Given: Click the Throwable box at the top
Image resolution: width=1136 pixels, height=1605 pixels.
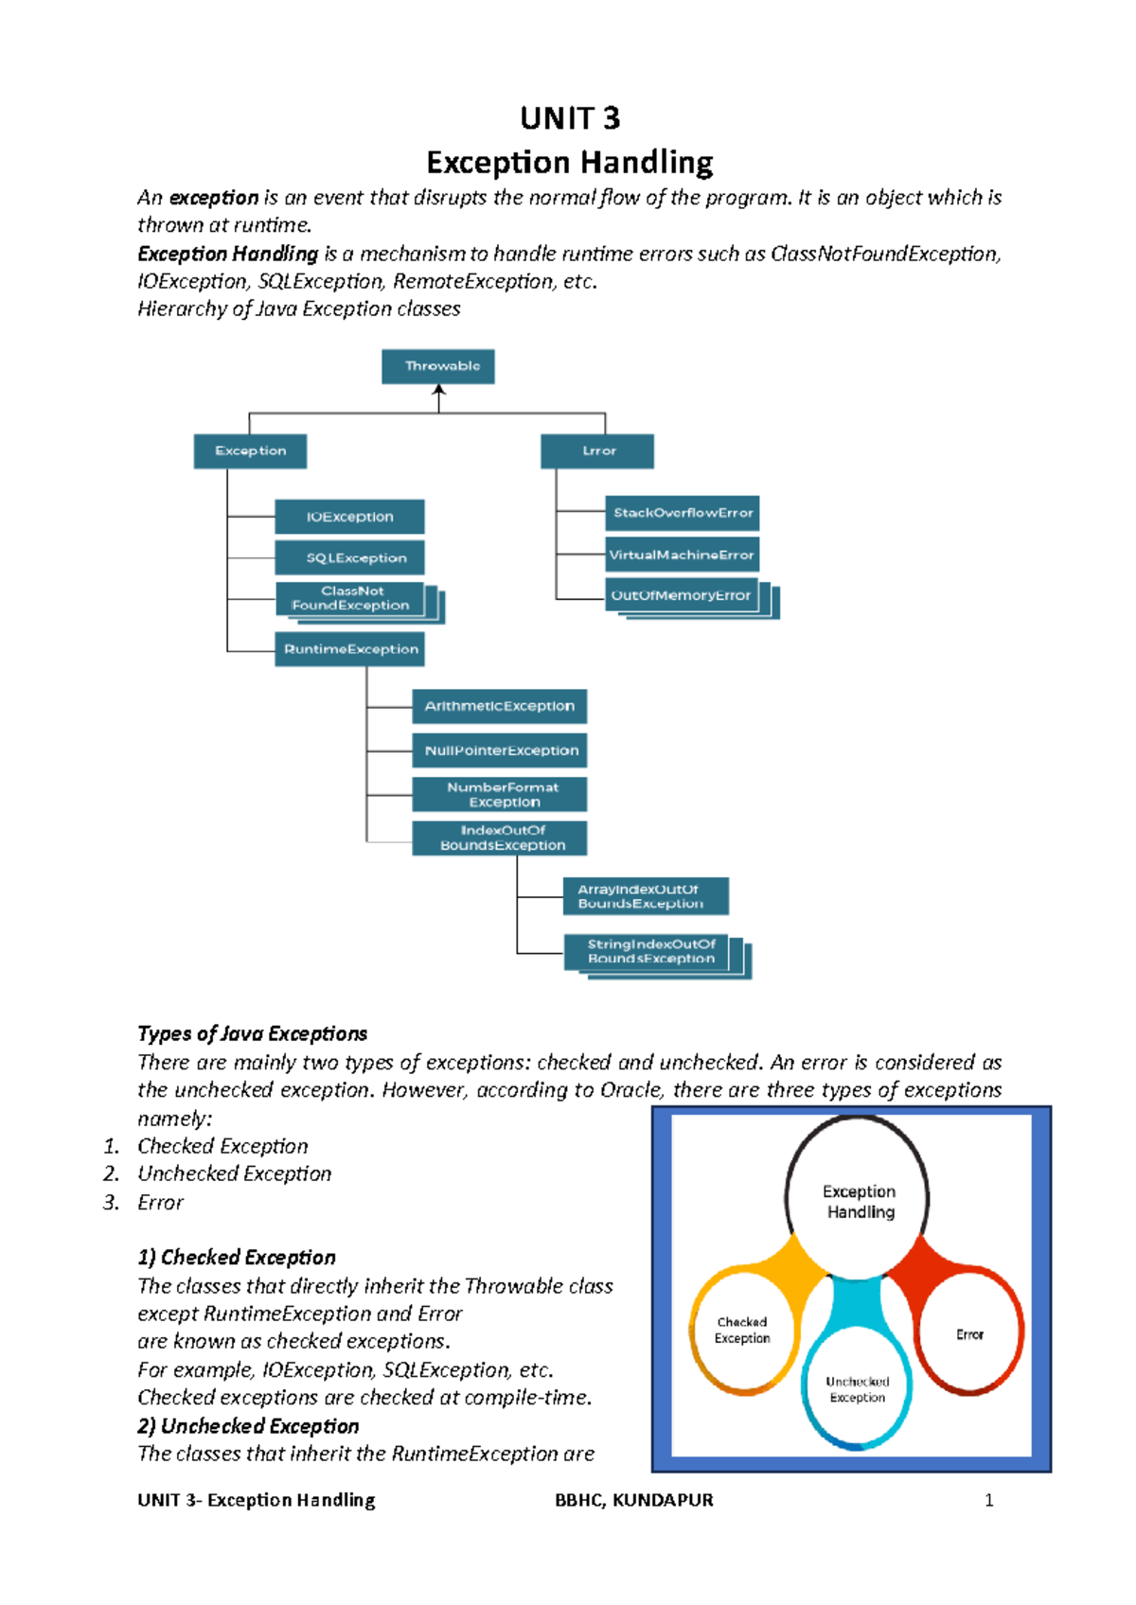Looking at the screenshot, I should (x=437, y=366).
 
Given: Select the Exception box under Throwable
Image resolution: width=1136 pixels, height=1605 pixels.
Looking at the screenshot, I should (x=250, y=451).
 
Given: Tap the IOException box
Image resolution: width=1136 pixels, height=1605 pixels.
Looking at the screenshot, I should (x=349, y=517).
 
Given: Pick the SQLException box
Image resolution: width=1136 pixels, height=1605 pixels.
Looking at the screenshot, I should (x=349, y=557).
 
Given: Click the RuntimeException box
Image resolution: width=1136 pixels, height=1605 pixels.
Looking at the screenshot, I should (x=350, y=649).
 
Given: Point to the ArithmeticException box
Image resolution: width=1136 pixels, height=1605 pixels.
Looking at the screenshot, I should (x=499, y=706).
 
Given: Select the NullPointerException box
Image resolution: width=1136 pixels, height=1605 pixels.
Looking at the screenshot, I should (x=499, y=750).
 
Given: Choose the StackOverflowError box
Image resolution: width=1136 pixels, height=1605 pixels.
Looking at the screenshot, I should (x=682, y=513).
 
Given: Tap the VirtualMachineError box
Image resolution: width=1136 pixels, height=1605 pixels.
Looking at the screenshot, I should (x=682, y=555).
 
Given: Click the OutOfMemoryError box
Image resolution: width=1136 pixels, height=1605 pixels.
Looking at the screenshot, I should (x=682, y=595).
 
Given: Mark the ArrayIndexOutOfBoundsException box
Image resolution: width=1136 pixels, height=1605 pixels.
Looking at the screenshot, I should (x=645, y=896).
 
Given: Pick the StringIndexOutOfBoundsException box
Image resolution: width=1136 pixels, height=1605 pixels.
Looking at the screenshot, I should (x=650, y=951).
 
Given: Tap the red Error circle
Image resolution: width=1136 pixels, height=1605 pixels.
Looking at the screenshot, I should (x=969, y=1334).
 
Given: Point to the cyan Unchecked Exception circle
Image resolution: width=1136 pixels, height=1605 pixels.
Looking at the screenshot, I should (x=857, y=1389).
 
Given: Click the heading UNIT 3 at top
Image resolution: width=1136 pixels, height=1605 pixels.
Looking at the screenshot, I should (x=570, y=118).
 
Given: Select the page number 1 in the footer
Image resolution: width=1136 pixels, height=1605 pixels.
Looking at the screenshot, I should (x=989, y=1500).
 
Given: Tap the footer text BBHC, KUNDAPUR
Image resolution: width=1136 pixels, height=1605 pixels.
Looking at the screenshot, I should (x=633, y=1500).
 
